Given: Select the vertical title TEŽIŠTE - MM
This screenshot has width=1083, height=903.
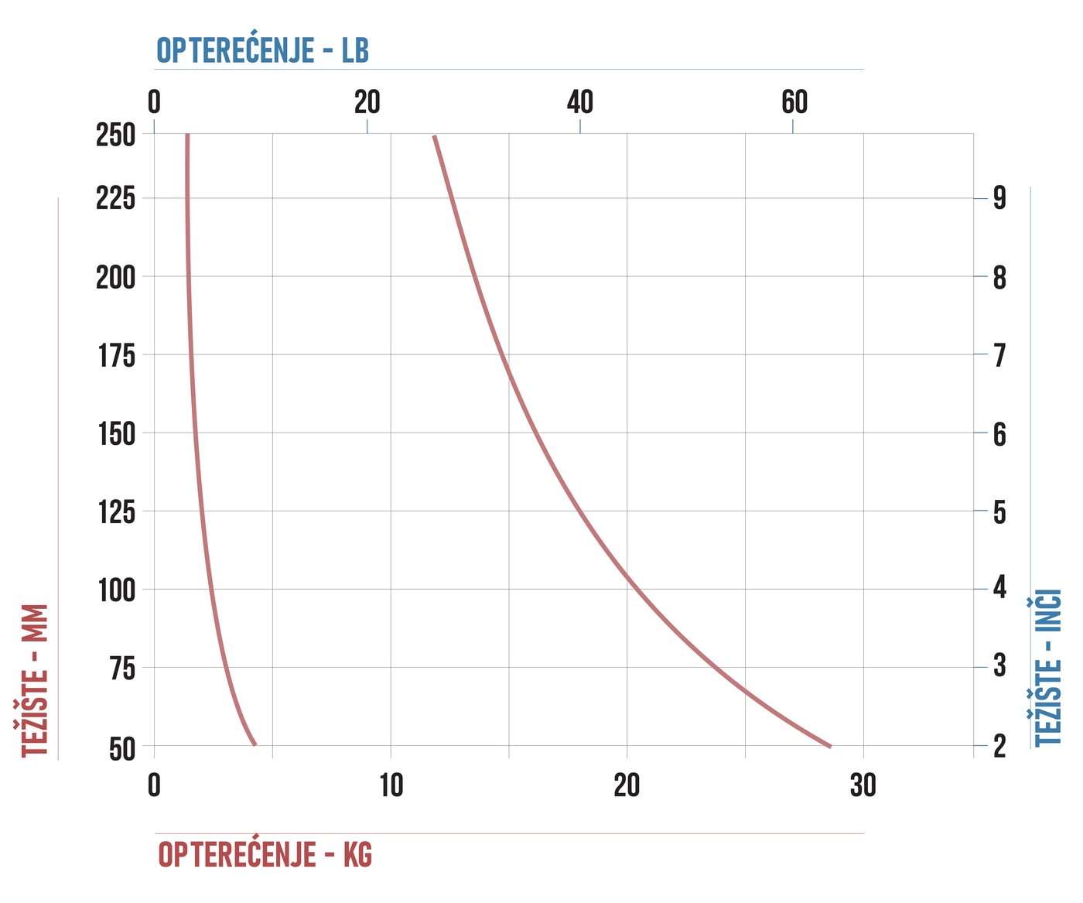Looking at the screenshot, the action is click(x=35, y=680).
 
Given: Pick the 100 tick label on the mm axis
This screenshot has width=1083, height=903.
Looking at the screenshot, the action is click(x=116, y=590).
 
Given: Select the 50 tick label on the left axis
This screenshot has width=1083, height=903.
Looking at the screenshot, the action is click(x=122, y=749).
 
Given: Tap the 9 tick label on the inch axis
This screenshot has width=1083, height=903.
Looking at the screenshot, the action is click(x=999, y=198).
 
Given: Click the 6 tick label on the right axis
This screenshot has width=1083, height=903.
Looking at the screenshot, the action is click(x=999, y=434).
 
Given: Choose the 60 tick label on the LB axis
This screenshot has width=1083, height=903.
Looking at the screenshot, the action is click(x=794, y=101).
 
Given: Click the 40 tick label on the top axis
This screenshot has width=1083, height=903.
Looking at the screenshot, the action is click(x=580, y=101).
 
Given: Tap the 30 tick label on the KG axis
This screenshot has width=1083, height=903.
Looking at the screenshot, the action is click(x=863, y=785).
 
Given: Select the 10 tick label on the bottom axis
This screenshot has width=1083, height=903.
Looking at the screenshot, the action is click(x=391, y=785).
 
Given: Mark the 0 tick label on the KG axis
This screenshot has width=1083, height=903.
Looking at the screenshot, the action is click(x=154, y=785).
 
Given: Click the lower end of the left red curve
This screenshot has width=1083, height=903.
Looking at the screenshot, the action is click(x=255, y=744).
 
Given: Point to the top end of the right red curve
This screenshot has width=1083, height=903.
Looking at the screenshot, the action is click(x=434, y=136).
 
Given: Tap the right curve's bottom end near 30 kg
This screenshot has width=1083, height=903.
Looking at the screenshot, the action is click(x=830, y=747).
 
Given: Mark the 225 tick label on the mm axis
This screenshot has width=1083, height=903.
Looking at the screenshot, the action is click(x=115, y=198).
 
